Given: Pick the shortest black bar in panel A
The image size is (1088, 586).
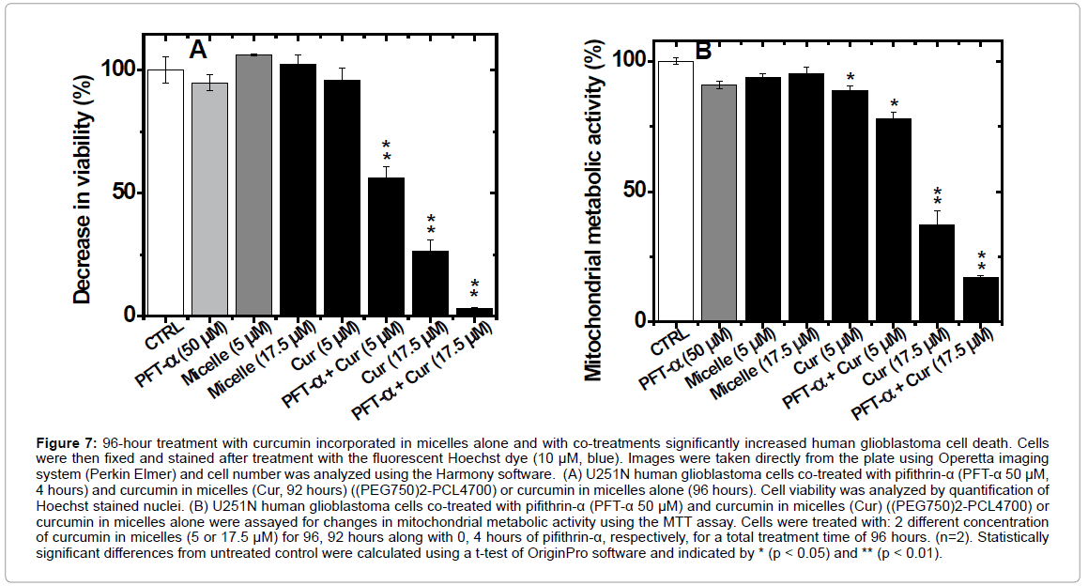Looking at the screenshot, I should click(x=474, y=312).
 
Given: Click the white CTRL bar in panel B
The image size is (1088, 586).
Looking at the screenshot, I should click(x=676, y=192).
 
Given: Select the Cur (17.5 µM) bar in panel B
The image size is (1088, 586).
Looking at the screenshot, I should click(x=937, y=273).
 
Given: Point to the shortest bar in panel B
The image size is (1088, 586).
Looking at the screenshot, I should click(x=981, y=300).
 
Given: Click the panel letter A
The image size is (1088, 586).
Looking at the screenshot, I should click(x=198, y=49).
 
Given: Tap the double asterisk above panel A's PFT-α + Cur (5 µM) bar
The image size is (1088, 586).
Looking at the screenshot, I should click(x=386, y=150).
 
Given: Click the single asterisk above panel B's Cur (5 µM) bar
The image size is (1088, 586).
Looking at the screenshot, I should click(x=850, y=78).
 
